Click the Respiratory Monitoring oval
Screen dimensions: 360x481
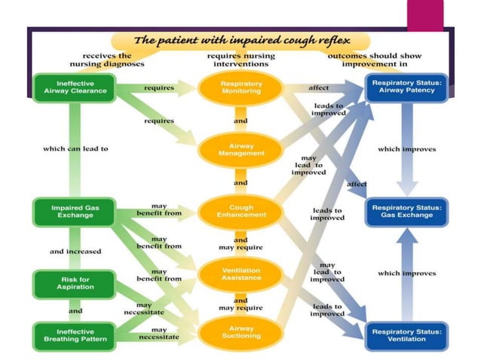[x=240, y=87]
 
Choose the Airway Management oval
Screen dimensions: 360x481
[x=240, y=149]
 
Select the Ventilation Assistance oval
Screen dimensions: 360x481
[x=240, y=273]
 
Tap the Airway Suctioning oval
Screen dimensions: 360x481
[x=240, y=332]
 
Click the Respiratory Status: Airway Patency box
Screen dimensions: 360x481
[x=406, y=87]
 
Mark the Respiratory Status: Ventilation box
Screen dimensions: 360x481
[x=406, y=335]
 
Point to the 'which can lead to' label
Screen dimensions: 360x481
[x=75, y=148]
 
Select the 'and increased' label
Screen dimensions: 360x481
[x=75, y=251]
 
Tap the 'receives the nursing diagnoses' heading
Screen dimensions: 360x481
[x=106, y=60]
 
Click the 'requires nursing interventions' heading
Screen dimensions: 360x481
[x=240, y=60]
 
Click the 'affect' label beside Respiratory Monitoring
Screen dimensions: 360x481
[x=319, y=87]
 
